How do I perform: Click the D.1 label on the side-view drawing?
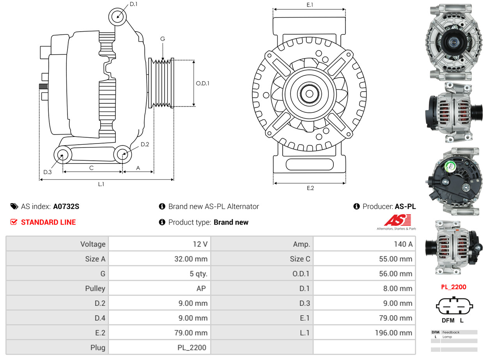133,4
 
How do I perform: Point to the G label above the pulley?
163,39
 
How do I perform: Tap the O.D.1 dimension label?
202,83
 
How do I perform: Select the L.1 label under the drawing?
101,184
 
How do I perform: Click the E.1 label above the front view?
310,5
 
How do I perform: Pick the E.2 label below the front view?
310,188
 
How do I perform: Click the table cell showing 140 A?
403,244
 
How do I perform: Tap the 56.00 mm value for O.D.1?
396,274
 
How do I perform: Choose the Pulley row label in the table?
95,289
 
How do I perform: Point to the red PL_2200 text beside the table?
453,287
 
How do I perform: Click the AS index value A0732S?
66,206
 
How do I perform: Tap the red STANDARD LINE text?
48,222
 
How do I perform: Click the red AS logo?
397,220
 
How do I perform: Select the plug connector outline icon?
454,307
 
